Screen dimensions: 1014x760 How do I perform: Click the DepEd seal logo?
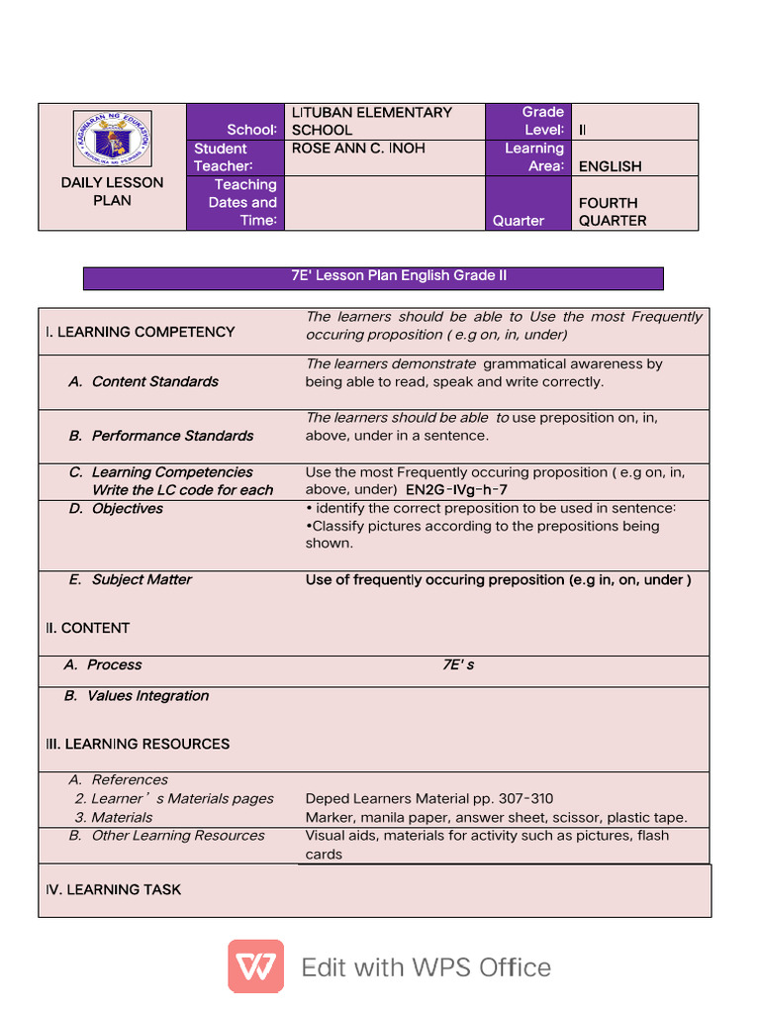(x=112, y=139)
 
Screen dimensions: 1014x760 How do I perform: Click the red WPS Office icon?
(x=255, y=966)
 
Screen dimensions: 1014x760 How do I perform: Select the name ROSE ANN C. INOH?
(x=358, y=149)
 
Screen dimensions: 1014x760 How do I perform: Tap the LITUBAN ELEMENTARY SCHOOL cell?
(x=371, y=121)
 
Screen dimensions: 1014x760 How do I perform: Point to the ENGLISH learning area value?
(x=610, y=166)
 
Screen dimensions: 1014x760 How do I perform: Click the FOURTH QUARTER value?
(x=612, y=211)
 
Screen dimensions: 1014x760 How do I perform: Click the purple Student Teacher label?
(x=224, y=157)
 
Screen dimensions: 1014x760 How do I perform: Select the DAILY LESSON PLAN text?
(x=112, y=191)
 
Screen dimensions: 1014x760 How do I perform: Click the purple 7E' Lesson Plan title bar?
(x=373, y=277)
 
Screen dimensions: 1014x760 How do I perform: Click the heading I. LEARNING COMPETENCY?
(x=141, y=332)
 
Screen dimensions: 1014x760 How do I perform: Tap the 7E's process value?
(x=457, y=665)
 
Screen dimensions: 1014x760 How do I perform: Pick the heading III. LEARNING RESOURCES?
(x=138, y=744)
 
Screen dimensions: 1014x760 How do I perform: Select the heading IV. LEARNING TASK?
(x=114, y=890)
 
